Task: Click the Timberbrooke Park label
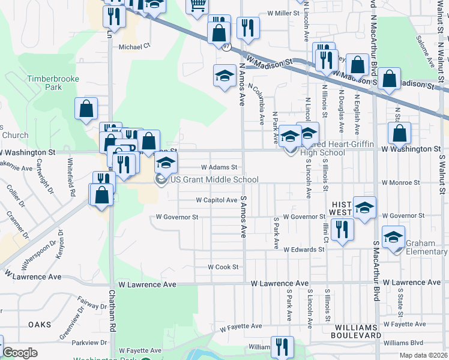(x=44, y=83)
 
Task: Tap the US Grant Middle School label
(x=214, y=179)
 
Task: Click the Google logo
(x=20, y=353)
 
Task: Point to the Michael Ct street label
(x=134, y=46)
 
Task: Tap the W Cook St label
(x=223, y=266)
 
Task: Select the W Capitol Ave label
(x=217, y=200)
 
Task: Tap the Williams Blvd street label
(x=403, y=343)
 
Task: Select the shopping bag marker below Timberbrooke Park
(x=86, y=109)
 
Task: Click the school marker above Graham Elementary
(x=394, y=236)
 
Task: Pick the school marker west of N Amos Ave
(x=224, y=76)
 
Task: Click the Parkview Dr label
(x=88, y=343)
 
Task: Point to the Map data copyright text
(x=423, y=355)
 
